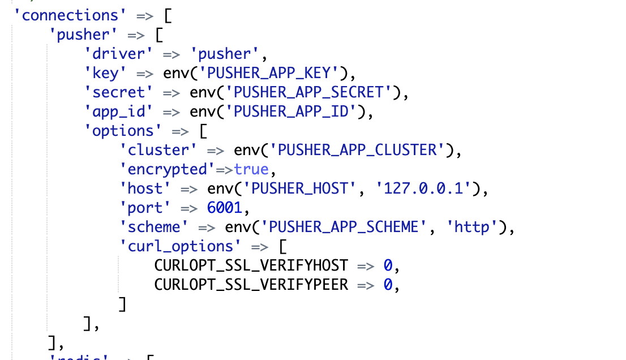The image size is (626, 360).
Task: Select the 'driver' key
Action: click(119, 54)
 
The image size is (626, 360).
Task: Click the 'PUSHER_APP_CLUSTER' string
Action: click(357, 150)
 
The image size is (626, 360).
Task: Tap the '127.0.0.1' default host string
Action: click(423, 188)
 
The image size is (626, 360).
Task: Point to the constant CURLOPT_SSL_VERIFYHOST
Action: click(251, 265)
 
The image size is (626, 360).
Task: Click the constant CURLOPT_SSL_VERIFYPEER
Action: click(251, 285)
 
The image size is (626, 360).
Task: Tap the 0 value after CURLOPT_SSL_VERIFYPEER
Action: click(388, 285)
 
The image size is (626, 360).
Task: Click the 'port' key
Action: click(145, 208)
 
